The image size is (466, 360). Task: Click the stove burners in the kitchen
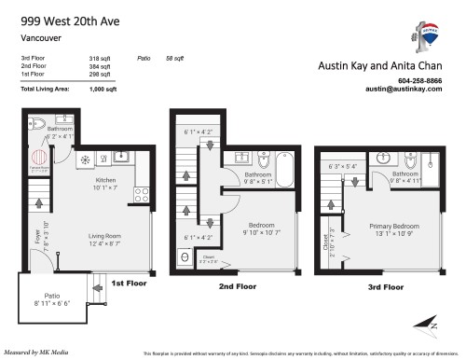142,195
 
